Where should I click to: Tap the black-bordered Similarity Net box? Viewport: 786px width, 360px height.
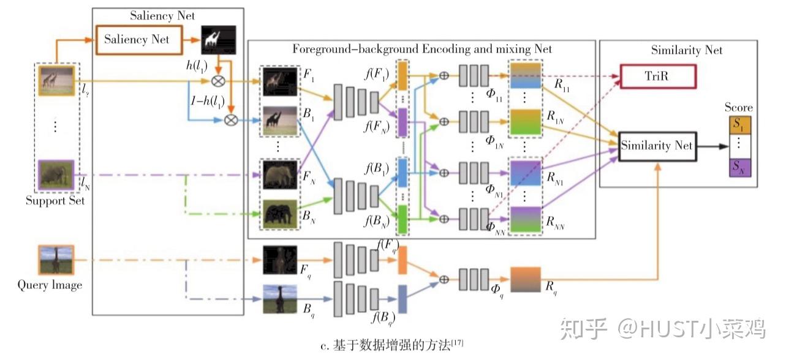pyautogui.click(x=656, y=146)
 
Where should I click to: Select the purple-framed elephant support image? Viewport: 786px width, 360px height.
pyautogui.click(x=56, y=175)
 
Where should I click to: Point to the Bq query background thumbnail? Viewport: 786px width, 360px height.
pyautogui.click(x=279, y=299)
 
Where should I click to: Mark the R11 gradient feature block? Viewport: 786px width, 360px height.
pyautogui.click(x=525, y=77)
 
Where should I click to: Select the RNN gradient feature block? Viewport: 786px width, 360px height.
pyautogui.click(x=525, y=220)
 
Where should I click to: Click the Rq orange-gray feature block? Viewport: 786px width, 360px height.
pyautogui.click(x=525, y=279)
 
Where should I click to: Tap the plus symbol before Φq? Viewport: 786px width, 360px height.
pyautogui.click(x=445, y=279)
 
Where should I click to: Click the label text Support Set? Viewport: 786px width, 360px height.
pyautogui.click(x=55, y=201)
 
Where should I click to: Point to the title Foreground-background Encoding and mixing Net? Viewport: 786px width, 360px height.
pyautogui.click(x=421, y=49)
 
